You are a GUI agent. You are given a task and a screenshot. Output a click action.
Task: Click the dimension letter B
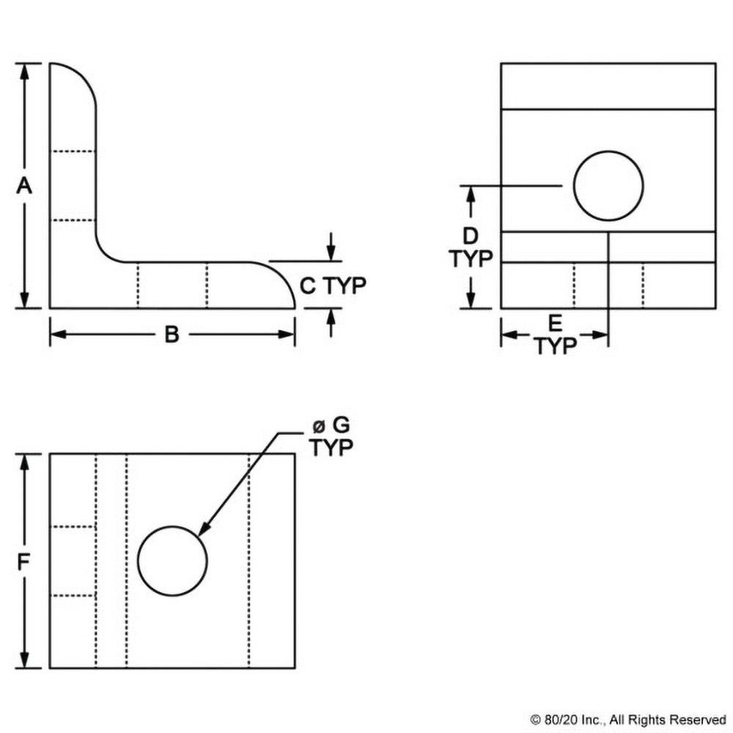tap(172, 335)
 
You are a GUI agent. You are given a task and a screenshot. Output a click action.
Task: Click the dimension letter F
tap(24, 561)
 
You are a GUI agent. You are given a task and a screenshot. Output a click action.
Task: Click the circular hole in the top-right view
tap(608, 186)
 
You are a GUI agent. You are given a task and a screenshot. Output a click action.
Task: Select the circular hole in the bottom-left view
tap(172, 561)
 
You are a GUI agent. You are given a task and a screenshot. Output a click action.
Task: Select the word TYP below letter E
tap(555, 345)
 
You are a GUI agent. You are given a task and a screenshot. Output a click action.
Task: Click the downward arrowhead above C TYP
tap(331, 254)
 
